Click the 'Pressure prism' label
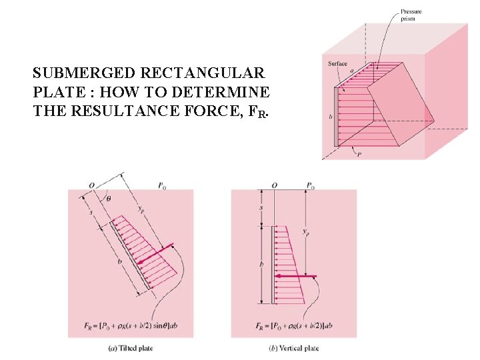point(411,15)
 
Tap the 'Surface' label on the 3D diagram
point(337,64)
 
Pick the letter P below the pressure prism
point(359,155)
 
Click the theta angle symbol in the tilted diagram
point(109,198)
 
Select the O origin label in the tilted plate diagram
point(91,185)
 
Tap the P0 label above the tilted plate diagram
point(162,186)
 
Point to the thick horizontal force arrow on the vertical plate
point(295,275)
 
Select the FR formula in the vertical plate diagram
point(291,326)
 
